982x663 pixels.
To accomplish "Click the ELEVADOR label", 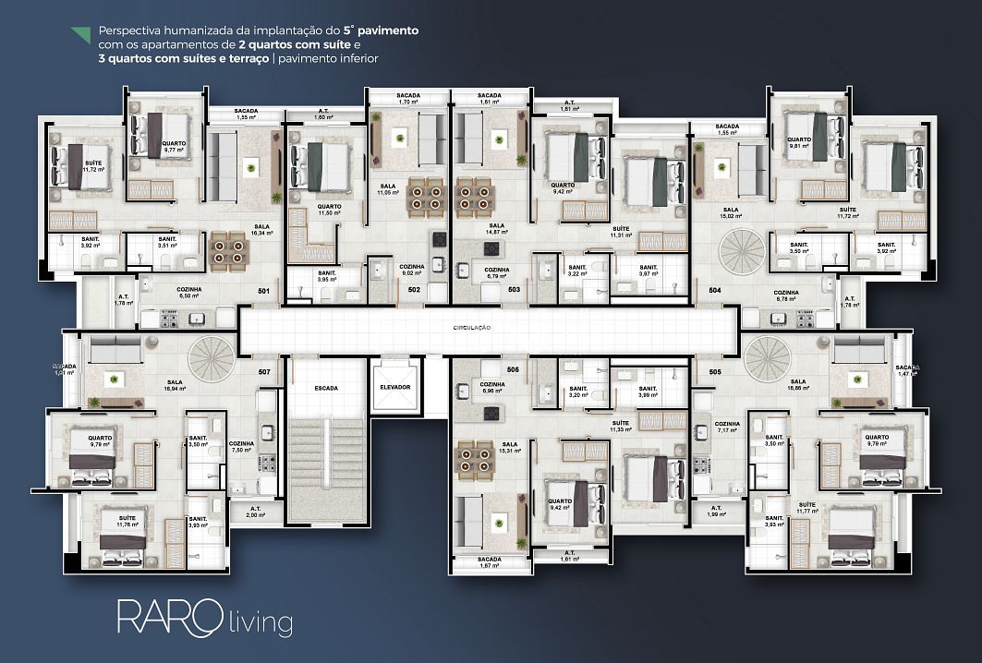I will click(x=394, y=387).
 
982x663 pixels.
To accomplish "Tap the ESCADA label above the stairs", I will click(x=324, y=388).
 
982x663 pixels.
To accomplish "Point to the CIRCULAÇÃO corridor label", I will click(x=471, y=328).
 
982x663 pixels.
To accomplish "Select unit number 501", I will click(x=264, y=292).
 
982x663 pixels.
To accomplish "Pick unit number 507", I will click(x=264, y=372).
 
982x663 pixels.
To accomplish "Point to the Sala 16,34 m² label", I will click(x=262, y=230).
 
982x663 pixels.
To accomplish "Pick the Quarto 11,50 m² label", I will click(x=330, y=210).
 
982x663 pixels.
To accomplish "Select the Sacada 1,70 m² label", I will click(x=408, y=99).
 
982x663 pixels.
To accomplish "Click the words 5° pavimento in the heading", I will click(x=381, y=30).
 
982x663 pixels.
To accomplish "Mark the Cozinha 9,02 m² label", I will click(x=409, y=271).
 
